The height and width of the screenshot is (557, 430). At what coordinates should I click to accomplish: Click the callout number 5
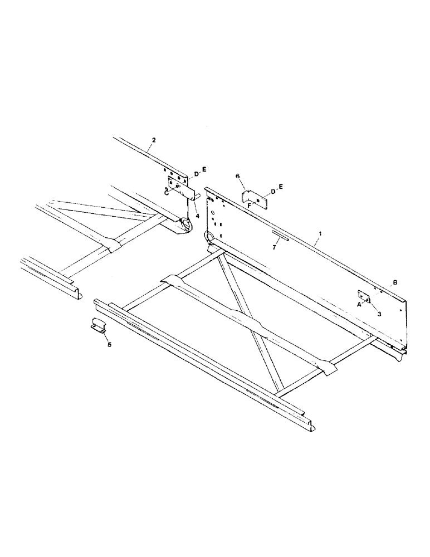point(109,345)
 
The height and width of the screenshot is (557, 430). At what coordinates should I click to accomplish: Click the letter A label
point(359,304)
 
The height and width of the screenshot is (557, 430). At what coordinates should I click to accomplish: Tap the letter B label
point(394,283)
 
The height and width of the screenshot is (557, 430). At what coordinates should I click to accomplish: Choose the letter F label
point(249,205)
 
